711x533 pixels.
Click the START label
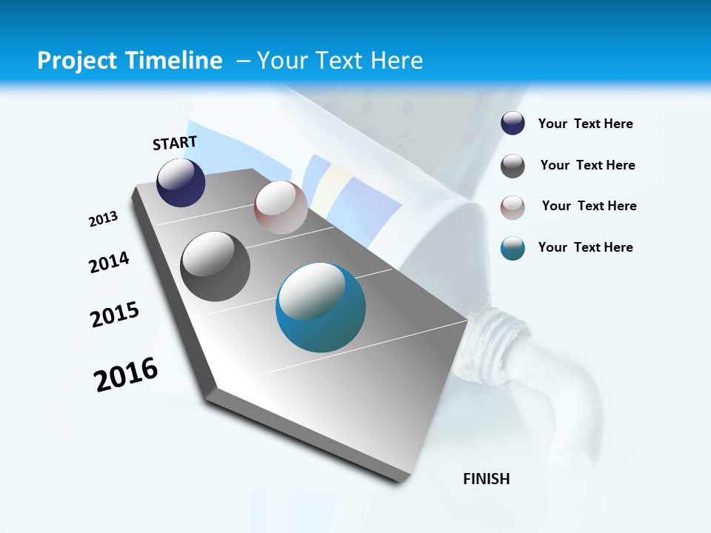(x=175, y=143)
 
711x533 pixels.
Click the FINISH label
(x=487, y=479)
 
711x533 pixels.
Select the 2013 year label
(x=103, y=219)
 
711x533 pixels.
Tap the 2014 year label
(x=109, y=262)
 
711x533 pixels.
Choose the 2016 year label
(x=126, y=375)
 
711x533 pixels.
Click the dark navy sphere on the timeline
(x=181, y=183)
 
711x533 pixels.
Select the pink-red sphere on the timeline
(x=281, y=207)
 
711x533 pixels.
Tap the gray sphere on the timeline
(x=216, y=266)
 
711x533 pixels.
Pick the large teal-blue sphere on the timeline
(x=321, y=307)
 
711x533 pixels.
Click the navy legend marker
(x=513, y=124)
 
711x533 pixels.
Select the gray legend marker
(x=513, y=166)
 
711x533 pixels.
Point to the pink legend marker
(x=513, y=207)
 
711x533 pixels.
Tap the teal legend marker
(x=513, y=248)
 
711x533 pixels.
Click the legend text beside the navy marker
(x=585, y=124)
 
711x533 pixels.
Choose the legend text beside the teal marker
(x=585, y=247)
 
